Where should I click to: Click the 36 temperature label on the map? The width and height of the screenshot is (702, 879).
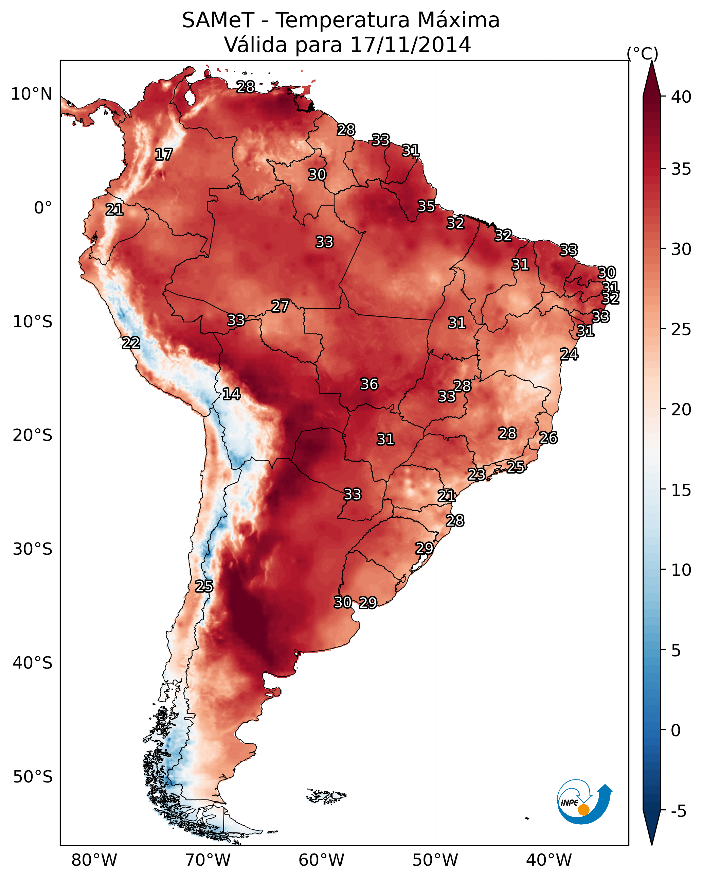click(x=369, y=384)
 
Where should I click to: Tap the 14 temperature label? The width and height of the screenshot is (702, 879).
click(x=231, y=394)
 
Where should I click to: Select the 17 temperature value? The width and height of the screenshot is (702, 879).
click(x=164, y=155)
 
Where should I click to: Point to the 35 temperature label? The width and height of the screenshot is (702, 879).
click(x=426, y=206)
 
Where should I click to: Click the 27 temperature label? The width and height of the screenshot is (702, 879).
click(x=280, y=306)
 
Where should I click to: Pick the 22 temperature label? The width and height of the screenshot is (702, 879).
click(x=131, y=343)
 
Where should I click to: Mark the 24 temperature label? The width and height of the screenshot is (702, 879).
click(x=569, y=354)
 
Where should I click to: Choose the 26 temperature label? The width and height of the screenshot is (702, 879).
click(x=548, y=438)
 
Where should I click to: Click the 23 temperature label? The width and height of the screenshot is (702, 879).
click(x=476, y=474)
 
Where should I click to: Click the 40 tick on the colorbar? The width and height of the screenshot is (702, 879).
click(x=681, y=97)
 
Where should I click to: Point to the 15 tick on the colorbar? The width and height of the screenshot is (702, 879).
click(x=681, y=490)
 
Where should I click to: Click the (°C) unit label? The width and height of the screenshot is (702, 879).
click(x=642, y=53)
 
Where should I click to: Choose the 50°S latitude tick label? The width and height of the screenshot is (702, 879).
click(x=33, y=777)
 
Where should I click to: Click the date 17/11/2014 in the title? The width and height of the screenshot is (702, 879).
click(x=410, y=45)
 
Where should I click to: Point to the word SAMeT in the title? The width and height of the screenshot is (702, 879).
click(x=218, y=20)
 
